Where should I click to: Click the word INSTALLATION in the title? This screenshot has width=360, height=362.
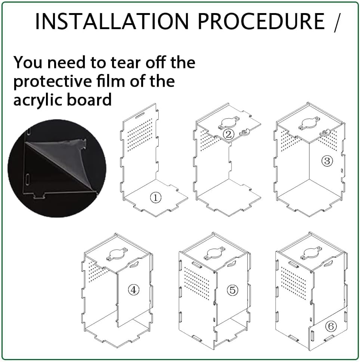pos(112,21)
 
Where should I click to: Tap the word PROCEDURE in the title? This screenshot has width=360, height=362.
pos(261,21)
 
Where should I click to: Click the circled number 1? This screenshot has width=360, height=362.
pos(155,198)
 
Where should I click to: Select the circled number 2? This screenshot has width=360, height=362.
pos(229,134)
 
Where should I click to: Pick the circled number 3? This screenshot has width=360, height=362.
pos(327,161)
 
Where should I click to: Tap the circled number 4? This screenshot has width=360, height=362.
pos(134,290)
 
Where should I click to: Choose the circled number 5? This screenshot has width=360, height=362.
pos(232,290)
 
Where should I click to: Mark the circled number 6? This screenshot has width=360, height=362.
pos(331,327)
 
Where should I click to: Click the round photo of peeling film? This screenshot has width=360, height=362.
pos(57,168)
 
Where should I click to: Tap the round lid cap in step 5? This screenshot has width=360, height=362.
pos(215,253)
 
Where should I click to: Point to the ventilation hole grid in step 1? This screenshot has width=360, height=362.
pos(140,134)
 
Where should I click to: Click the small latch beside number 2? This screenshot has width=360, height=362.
pos(245,132)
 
